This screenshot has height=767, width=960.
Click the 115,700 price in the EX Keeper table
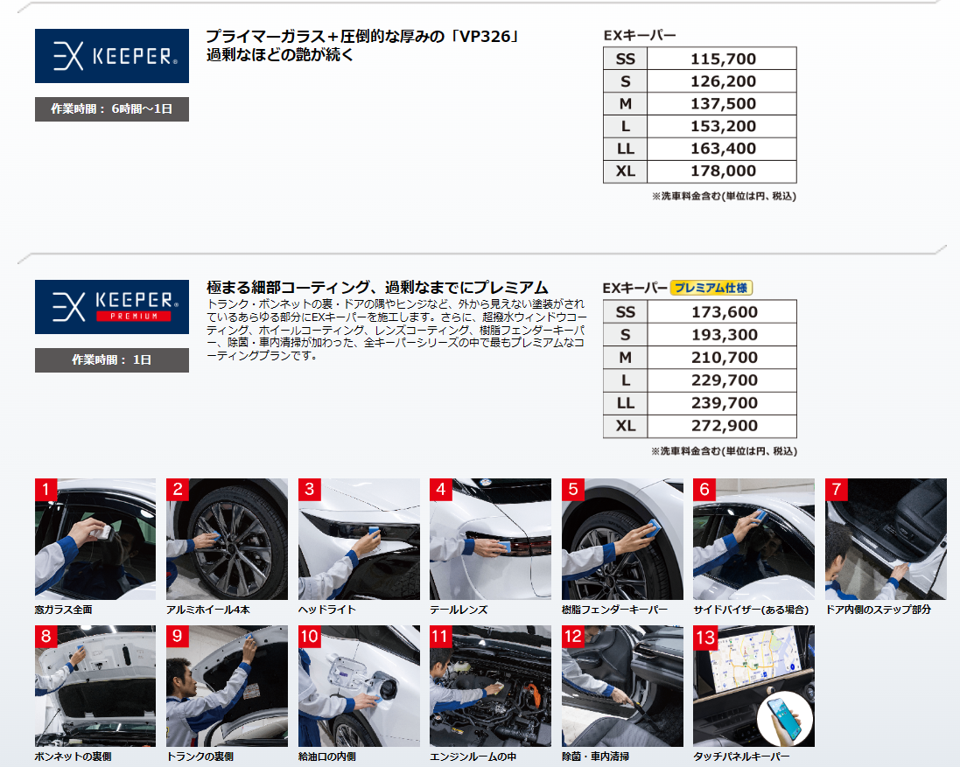[723, 59]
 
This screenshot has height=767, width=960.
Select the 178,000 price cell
[723, 171]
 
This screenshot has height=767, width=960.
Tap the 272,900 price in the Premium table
[725, 426]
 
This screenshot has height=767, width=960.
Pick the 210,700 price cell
[725, 357]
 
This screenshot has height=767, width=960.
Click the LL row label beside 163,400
[625, 149]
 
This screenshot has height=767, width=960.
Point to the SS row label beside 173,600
[625, 312]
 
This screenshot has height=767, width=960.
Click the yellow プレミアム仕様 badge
[711, 288]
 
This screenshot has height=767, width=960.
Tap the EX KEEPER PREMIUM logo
[112, 307]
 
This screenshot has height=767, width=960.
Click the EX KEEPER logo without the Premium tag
[112, 56]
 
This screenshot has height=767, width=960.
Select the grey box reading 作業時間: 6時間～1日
[112, 108]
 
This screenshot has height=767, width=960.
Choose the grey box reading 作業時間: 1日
[112, 360]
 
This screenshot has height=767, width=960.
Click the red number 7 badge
[837, 489]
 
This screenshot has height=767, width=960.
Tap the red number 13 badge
[705, 637]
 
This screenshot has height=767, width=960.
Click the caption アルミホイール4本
[208, 610]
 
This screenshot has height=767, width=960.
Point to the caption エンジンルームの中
[473, 757]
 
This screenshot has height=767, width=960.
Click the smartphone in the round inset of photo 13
[785, 719]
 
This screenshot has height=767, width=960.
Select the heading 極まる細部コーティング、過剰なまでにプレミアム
[377, 287]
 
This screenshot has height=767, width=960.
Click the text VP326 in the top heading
[484, 37]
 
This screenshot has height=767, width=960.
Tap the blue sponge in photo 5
[653, 526]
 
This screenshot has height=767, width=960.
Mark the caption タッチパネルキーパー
[741, 757]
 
